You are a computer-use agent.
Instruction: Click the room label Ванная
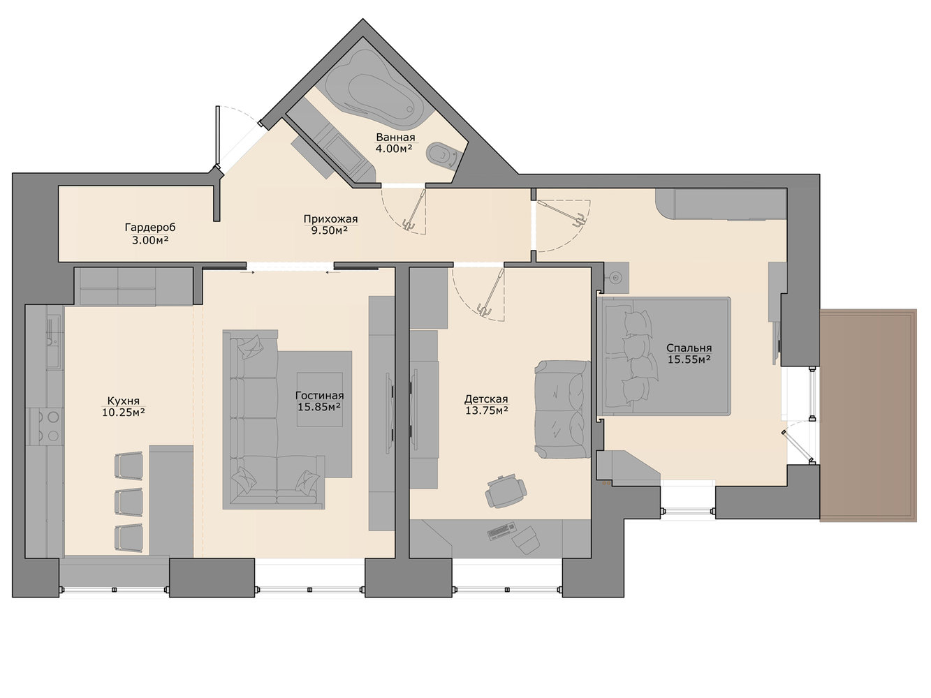coord(395,138)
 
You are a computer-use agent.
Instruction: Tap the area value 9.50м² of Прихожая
coord(330,230)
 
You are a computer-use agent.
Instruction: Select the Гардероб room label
coord(150,228)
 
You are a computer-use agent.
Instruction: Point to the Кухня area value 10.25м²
coord(124,412)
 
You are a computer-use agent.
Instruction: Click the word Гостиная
coord(319,395)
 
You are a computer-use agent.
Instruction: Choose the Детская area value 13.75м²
coord(487,410)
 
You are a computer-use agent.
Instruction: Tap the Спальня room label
coord(689,348)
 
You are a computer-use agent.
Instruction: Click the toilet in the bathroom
coord(442,154)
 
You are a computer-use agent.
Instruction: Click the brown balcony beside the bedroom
coord(868,415)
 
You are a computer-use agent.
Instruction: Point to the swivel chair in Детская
coord(506,492)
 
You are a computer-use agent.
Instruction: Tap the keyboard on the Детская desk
coord(502,531)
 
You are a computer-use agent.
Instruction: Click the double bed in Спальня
coord(665,355)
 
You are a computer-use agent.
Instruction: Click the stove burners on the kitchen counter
coord(46,426)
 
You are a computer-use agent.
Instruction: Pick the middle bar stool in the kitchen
coord(129,501)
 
